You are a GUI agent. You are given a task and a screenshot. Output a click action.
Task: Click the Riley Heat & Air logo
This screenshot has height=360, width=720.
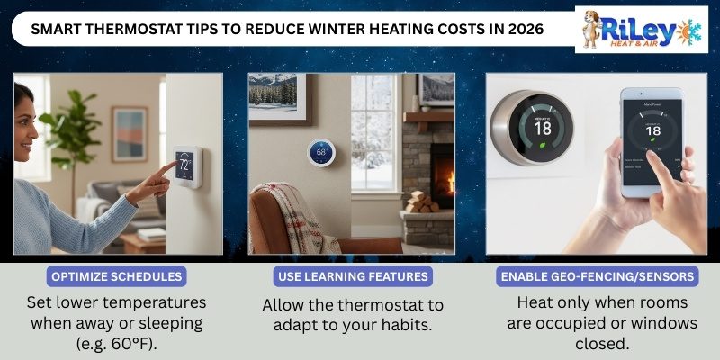coord(641,29)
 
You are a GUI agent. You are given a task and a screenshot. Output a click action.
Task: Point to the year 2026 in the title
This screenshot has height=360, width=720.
coord(523,29)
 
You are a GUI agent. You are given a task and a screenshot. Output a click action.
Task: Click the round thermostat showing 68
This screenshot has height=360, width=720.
coord(319,153)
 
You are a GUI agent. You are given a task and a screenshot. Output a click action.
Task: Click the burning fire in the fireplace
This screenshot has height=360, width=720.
coord(444,171)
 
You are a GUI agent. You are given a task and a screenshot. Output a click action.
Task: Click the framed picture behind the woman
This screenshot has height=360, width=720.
coord(129,133)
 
